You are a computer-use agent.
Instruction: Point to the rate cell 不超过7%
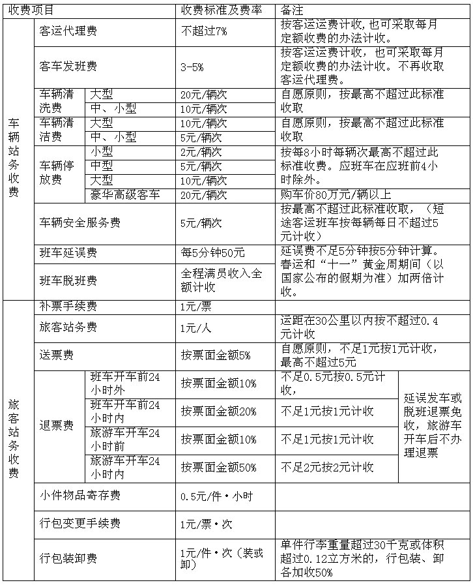pos(204,31)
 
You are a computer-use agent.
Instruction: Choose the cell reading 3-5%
pos(193,67)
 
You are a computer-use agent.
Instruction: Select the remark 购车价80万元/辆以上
pos(336,194)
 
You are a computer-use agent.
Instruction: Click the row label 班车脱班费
pos(68,281)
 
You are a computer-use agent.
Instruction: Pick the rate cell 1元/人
pos(196,328)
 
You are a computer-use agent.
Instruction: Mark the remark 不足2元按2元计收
pos(327,468)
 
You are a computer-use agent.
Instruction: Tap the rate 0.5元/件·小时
pos(216,496)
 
